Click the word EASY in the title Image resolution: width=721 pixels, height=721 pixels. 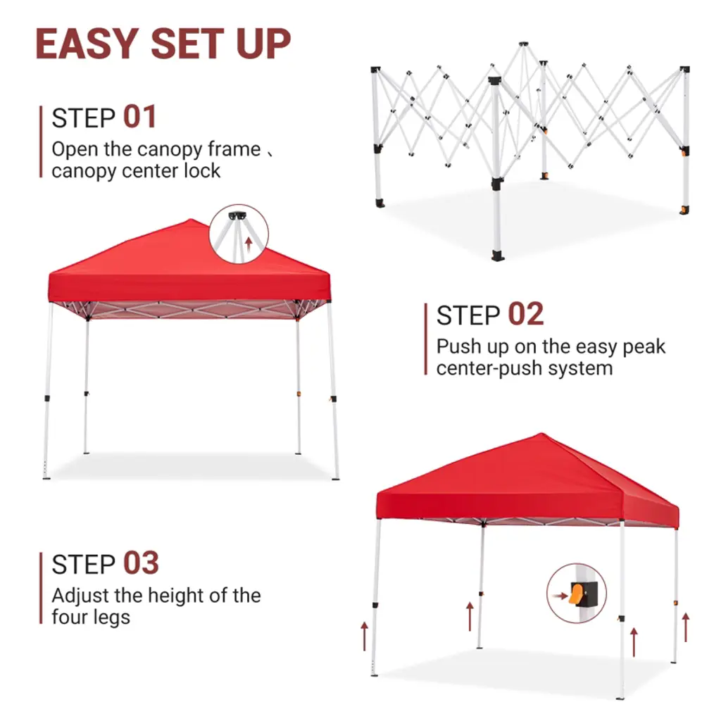point(87,44)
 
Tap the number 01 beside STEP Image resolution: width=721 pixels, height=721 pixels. point(140,117)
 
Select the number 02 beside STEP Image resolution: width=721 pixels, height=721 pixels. point(525,314)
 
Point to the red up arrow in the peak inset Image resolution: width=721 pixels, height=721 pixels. point(249,244)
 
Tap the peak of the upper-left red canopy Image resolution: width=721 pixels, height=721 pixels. point(192,220)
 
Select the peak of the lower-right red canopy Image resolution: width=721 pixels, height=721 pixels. point(541,434)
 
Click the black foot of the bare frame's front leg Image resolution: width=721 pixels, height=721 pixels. point(498,256)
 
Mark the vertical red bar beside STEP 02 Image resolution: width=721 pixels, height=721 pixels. point(426,339)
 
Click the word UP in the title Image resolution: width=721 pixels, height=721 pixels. point(263,44)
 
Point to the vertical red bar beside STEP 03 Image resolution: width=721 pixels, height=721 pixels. point(41,588)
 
